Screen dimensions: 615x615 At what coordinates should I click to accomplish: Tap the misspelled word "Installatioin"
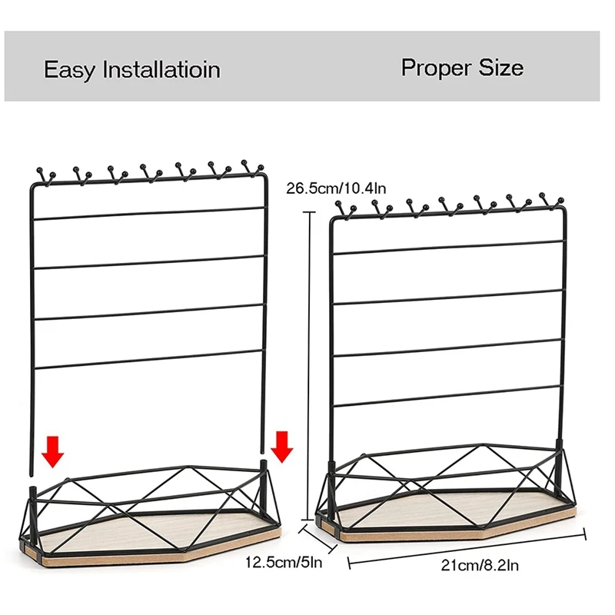[162, 69]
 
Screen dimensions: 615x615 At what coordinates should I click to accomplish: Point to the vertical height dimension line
[310, 361]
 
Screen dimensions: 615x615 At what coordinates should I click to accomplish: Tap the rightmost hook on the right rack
[550, 199]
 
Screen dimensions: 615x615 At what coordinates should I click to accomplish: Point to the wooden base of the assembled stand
[454, 523]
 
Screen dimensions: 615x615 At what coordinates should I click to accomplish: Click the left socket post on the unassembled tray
[32, 493]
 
